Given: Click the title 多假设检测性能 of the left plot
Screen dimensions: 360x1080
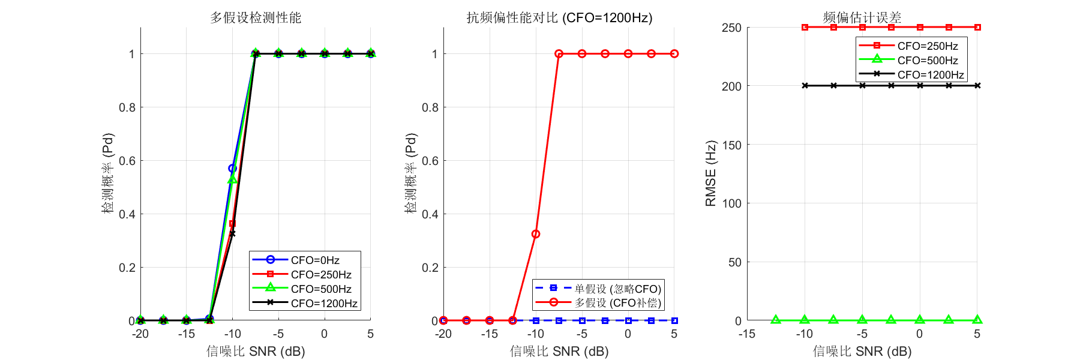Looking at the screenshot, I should [x=256, y=17].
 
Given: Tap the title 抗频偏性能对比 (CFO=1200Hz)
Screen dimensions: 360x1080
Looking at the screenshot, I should [x=559, y=17].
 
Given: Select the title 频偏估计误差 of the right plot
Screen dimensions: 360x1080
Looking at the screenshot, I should [x=862, y=17].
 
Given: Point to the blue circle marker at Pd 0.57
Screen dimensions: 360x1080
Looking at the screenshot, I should [x=232, y=169].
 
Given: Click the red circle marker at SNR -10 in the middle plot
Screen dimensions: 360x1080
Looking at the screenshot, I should [x=536, y=234].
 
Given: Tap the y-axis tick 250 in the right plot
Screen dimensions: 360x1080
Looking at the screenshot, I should [x=731, y=28].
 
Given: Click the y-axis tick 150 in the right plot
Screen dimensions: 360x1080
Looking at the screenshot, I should [x=731, y=145].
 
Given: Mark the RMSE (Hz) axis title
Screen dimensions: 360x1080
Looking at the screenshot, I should [x=710, y=173].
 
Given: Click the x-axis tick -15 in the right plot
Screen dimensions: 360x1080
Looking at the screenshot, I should [x=747, y=334].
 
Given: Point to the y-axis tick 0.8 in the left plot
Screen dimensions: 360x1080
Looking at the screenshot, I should [x=127, y=107].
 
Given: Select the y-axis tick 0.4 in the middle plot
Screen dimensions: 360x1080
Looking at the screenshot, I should [x=430, y=214].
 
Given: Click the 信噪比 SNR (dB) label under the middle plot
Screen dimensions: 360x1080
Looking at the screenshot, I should [x=559, y=351].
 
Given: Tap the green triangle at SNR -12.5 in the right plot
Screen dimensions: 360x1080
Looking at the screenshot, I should [x=776, y=320].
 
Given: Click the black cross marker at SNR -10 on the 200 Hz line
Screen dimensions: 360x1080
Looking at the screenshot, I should [x=805, y=86].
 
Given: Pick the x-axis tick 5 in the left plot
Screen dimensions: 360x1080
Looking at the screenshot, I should [x=371, y=334].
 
